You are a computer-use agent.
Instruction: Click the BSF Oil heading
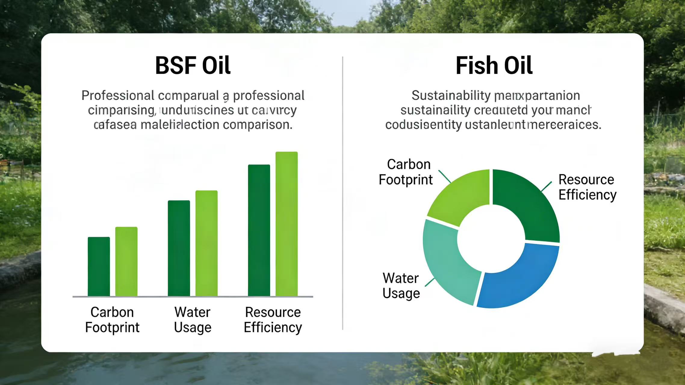(193, 66)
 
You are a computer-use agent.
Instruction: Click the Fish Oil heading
(494, 66)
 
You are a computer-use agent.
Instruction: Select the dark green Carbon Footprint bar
(99, 266)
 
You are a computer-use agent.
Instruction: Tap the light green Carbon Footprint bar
(126, 261)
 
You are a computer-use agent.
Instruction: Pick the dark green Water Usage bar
(179, 248)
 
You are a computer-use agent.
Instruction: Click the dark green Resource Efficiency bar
(259, 230)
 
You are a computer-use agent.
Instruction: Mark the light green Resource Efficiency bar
(287, 224)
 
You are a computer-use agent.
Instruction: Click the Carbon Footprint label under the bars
(112, 320)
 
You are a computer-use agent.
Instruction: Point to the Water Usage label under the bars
(193, 320)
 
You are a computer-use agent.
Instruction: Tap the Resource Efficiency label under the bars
(273, 320)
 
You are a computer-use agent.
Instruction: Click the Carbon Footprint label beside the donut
(406, 172)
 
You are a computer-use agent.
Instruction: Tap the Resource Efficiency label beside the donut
(587, 187)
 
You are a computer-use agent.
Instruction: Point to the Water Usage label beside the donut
(401, 286)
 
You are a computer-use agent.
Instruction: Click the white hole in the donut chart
(491, 239)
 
